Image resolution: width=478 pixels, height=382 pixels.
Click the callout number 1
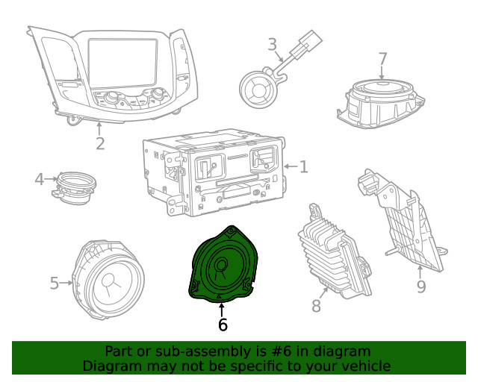coord(304,166)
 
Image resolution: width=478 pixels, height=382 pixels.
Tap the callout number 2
coord(100,143)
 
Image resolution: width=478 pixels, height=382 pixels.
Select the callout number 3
coord(272,45)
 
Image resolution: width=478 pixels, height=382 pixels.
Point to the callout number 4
coord(40,179)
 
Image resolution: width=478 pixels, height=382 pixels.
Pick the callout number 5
coord(55,283)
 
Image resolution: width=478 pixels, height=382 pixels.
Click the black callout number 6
coord(223,325)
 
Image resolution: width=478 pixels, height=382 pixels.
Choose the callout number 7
coord(382,59)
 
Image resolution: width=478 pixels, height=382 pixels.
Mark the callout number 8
coord(316,306)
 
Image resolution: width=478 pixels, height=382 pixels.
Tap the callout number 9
coord(421,286)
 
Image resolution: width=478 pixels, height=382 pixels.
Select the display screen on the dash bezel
coord(122,63)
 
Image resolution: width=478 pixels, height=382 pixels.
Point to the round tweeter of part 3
coord(258,90)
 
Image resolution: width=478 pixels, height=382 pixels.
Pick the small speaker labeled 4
coord(75,188)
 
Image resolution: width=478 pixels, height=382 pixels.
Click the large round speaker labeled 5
coord(108,279)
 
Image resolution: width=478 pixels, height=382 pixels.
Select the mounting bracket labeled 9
coord(403,220)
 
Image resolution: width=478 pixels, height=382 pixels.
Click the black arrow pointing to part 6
coord(222,310)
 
